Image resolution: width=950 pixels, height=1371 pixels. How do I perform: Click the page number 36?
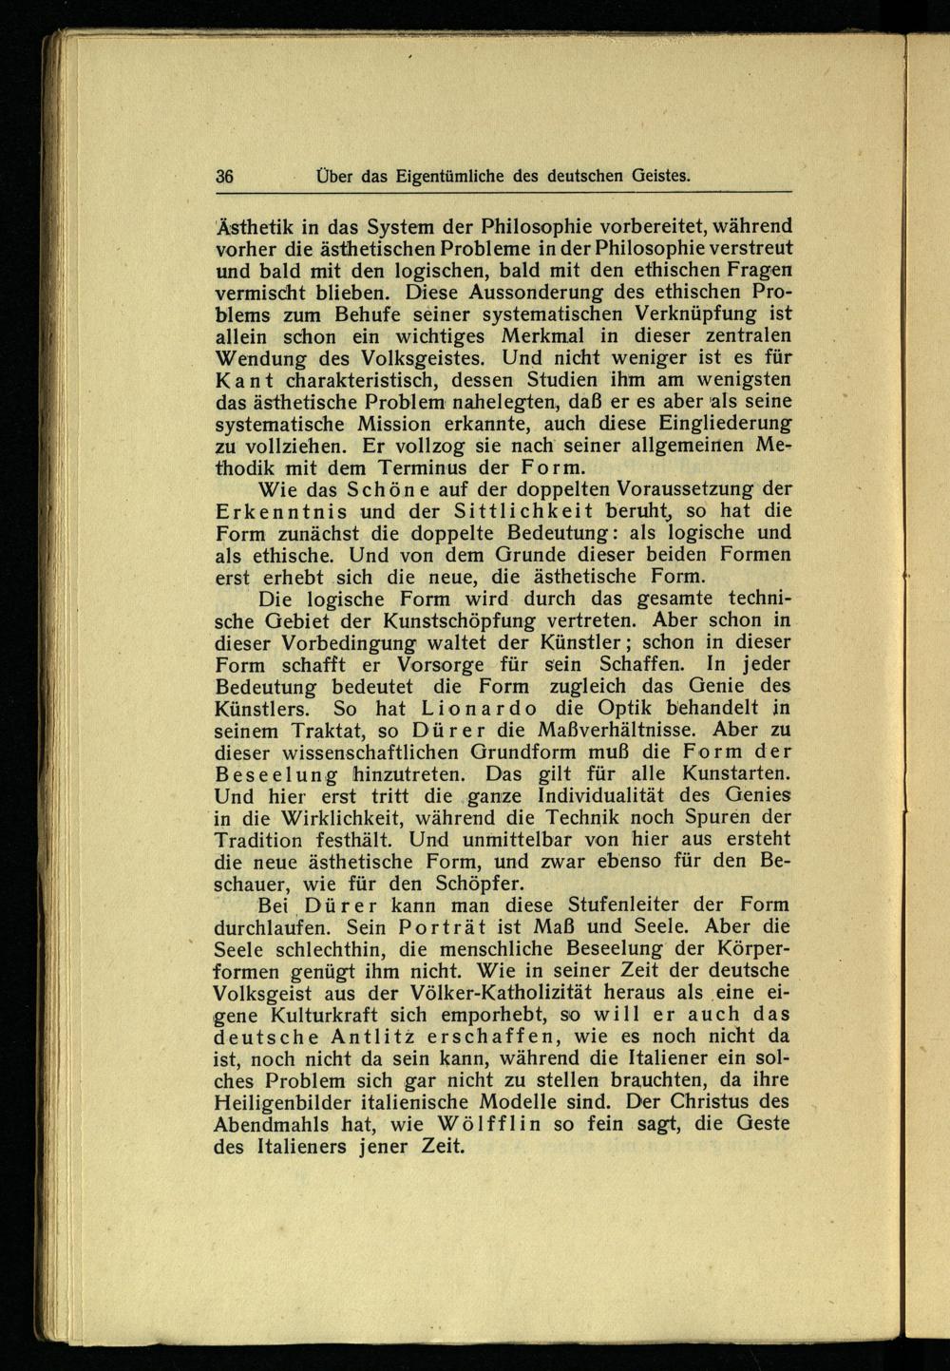coord(226,176)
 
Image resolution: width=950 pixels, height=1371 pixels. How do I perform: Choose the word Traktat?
coord(355,731)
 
